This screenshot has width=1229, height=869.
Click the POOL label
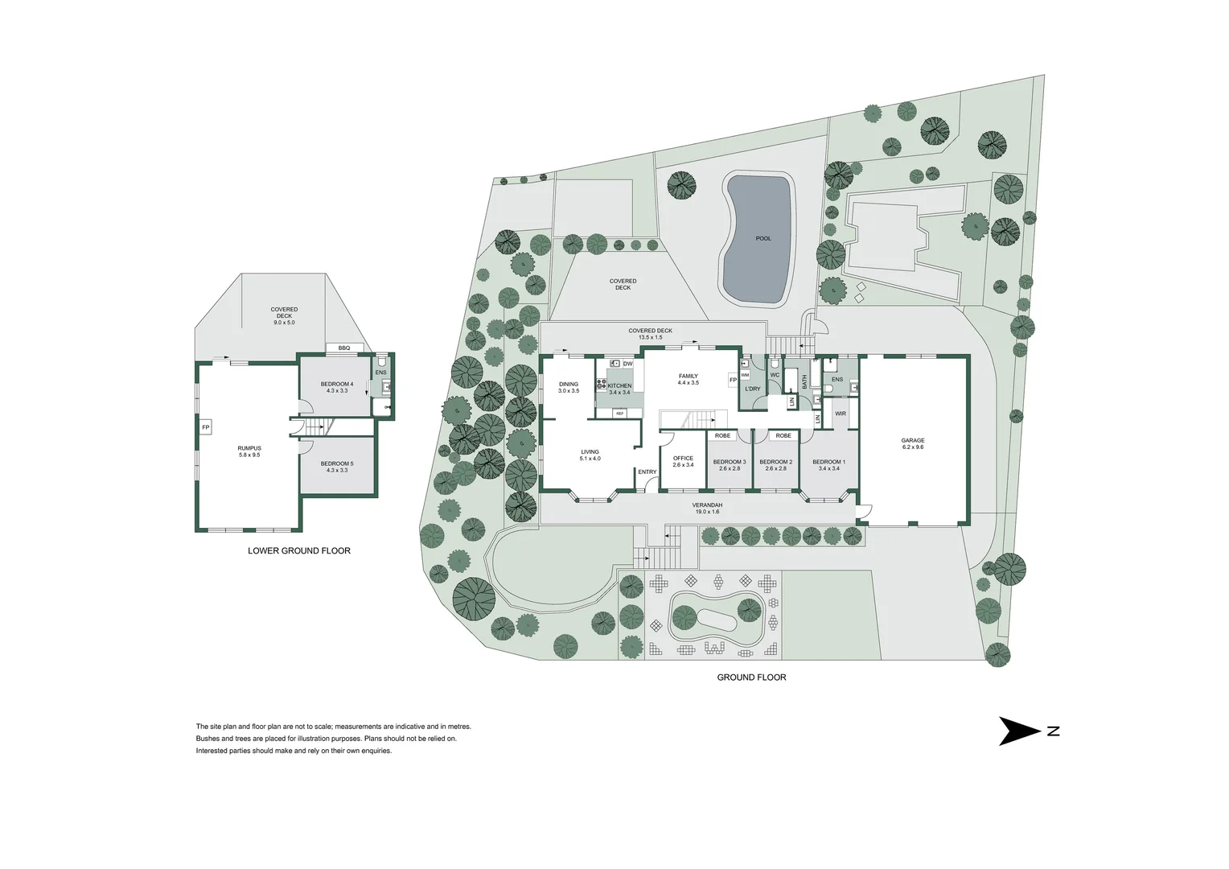click(x=762, y=238)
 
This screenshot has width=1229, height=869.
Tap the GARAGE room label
click(x=912, y=441)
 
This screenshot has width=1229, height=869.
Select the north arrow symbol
click(x=1020, y=731)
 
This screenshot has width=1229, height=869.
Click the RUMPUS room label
click(x=249, y=448)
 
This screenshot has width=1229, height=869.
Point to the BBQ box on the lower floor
click(x=344, y=348)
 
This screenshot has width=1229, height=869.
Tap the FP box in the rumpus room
click(x=205, y=426)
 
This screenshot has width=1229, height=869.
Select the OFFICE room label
click(x=683, y=459)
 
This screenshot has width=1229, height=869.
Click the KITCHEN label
click(x=619, y=386)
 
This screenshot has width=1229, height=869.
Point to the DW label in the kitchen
click(x=628, y=364)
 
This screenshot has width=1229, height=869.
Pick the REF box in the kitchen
click(x=619, y=413)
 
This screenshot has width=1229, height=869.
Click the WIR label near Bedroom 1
click(x=840, y=414)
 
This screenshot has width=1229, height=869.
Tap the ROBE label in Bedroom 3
click(x=723, y=435)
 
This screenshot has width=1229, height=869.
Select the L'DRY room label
click(x=752, y=389)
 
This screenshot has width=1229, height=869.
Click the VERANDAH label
click(x=705, y=505)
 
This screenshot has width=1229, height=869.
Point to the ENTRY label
click(x=647, y=472)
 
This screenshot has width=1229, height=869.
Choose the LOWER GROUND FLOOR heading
click(x=298, y=551)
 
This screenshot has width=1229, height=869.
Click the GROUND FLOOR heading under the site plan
click(x=751, y=677)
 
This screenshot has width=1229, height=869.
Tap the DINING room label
click(x=569, y=385)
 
